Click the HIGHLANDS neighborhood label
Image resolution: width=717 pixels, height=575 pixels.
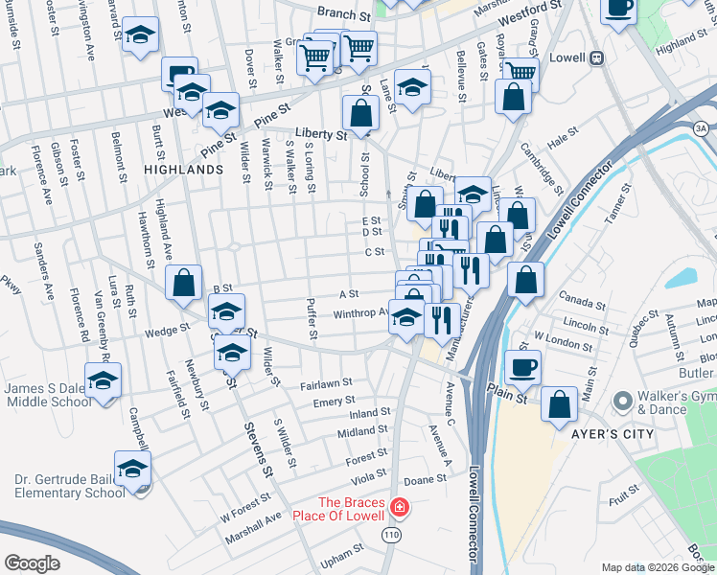click(183, 169)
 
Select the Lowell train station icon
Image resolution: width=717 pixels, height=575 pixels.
click(595, 58)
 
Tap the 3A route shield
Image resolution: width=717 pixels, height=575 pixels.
click(701, 128)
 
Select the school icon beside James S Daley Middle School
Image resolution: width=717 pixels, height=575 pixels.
click(100, 382)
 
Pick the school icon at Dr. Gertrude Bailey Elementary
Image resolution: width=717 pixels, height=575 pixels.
click(132, 470)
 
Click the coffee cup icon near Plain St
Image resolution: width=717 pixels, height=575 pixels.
click(522, 368)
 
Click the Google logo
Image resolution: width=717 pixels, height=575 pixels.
click(32, 563)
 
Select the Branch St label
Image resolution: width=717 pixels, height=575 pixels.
click(344, 16)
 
